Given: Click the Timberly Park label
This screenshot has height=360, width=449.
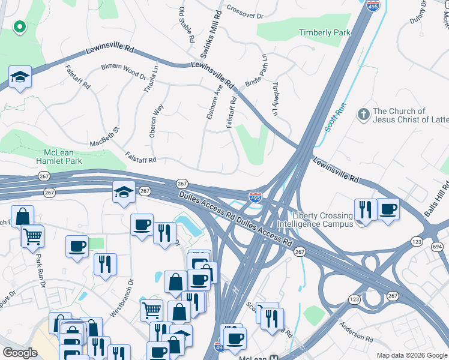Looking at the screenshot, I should [324, 33].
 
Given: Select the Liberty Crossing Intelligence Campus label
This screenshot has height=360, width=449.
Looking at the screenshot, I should [322, 220].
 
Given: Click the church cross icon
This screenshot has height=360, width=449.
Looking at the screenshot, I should [363, 114].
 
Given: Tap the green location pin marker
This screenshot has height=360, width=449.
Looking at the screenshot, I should [19, 27].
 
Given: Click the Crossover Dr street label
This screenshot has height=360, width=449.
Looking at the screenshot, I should [245, 10].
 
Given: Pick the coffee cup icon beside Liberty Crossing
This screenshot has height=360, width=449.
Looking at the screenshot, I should [388, 209].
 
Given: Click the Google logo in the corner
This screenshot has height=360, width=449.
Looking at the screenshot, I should [20, 353].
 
